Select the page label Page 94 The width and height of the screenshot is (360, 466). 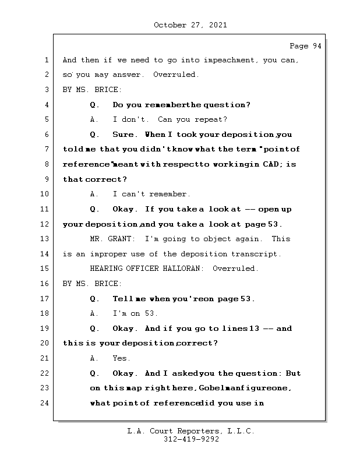305,47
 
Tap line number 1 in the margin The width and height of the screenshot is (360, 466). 45,60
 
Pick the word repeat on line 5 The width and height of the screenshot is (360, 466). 213,119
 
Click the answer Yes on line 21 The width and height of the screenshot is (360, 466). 121,358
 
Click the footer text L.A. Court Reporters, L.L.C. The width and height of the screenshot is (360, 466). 190,432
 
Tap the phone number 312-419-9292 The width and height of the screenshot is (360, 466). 191,440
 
